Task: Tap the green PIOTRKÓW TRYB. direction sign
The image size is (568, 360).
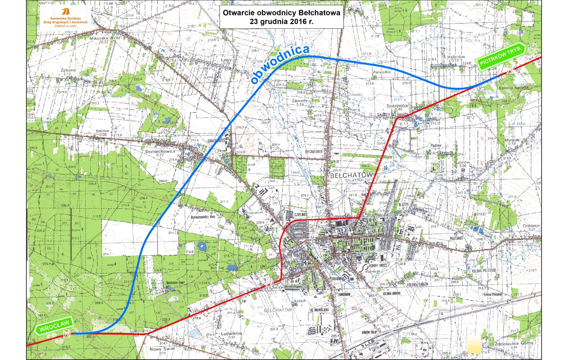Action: click(502, 57)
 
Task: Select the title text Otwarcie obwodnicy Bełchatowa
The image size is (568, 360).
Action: click(282, 12)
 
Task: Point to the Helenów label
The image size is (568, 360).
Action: click(456, 57)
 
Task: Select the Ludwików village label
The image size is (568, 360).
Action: click(231, 333)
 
